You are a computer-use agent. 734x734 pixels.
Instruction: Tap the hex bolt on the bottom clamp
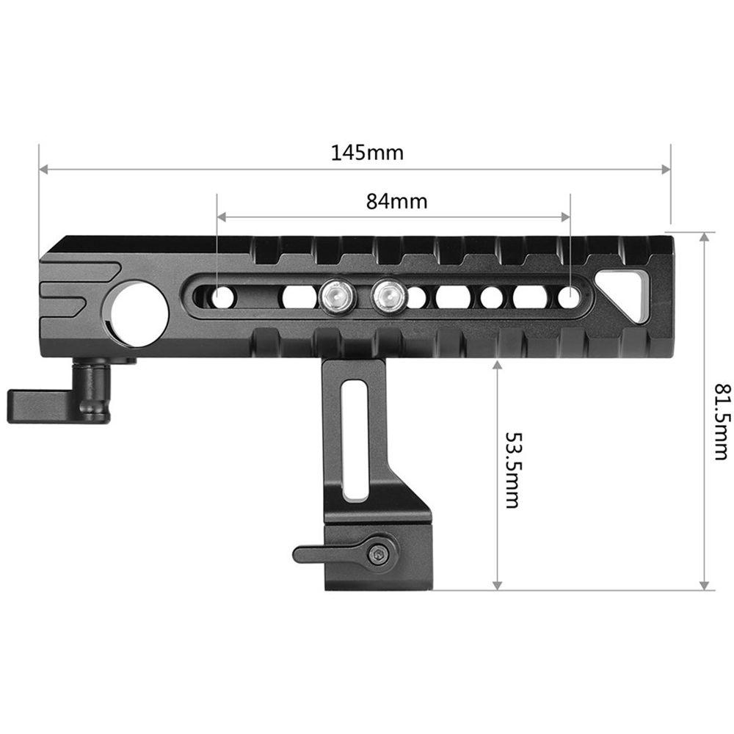pyautogui.click(x=379, y=556)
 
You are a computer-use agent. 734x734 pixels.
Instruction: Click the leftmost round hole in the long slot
pyautogui.click(x=222, y=297)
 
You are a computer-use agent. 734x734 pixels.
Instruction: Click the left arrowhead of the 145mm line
pyautogui.click(x=43, y=170)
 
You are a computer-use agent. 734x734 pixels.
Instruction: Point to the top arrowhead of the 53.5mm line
pyautogui.click(x=498, y=364)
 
